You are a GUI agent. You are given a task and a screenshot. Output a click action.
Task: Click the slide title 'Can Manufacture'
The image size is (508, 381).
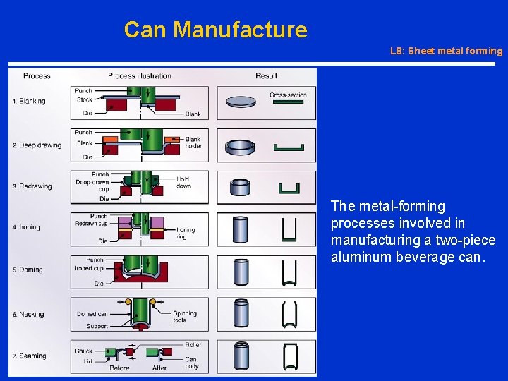point(215,30)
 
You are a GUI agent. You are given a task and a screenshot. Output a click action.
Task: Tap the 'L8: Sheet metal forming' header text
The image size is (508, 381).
point(446,51)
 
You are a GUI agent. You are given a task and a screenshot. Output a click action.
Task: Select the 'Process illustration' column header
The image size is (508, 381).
point(139,76)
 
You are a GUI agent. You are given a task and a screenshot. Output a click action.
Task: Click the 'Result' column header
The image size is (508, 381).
point(266,76)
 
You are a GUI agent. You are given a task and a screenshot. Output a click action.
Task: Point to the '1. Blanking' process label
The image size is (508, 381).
point(29,101)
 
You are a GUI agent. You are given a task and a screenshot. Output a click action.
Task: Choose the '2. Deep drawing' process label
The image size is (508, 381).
point(37,145)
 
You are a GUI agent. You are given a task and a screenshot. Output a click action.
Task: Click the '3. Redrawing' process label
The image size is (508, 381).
point(32,186)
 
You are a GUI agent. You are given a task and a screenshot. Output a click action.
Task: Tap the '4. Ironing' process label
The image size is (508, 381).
point(27,227)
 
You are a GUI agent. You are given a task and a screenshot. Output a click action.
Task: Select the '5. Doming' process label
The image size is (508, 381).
point(28,270)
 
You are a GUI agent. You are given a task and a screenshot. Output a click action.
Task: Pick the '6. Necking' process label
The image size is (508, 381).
point(29,315)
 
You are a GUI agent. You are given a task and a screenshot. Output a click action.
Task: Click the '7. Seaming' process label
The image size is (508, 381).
point(30,356)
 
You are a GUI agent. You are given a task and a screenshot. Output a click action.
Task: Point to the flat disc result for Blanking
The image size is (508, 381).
point(241,102)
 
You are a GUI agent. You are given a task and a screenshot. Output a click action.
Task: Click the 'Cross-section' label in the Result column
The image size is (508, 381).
point(288,95)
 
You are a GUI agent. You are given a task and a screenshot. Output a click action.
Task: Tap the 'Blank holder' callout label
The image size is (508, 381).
point(193,143)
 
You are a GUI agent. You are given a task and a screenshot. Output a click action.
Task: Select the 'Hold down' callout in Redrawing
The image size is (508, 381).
point(183,183)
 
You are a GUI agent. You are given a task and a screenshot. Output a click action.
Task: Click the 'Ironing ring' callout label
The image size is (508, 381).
point(186,234)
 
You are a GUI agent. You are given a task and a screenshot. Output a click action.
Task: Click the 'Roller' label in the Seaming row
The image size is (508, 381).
point(193,345)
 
